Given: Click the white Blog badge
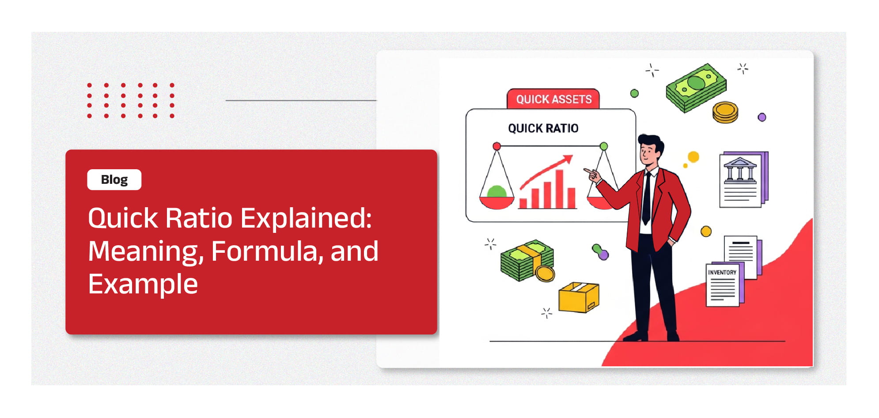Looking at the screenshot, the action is pyautogui.click(x=114, y=180).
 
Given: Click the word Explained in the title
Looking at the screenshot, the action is pyautogui.click(x=306, y=219).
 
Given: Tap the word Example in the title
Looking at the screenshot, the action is pyautogui.click(x=143, y=284).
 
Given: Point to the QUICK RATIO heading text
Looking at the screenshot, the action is pyautogui.click(x=543, y=128).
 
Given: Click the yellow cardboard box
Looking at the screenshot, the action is pyautogui.click(x=579, y=297).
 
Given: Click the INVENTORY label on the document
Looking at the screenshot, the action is pyautogui.click(x=722, y=272).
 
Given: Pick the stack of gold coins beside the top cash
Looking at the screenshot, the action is pyautogui.click(x=725, y=112).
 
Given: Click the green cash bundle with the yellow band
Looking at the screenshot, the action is pyautogui.click(x=527, y=260).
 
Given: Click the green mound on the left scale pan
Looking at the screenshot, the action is pyautogui.click(x=496, y=192).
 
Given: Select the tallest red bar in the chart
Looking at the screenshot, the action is pyautogui.click(x=560, y=189).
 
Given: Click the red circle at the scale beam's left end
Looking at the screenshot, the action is pyautogui.click(x=496, y=146).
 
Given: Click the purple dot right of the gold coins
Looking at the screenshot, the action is pyautogui.click(x=762, y=117).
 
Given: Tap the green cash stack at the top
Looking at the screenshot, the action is pyautogui.click(x=696, y=87).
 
